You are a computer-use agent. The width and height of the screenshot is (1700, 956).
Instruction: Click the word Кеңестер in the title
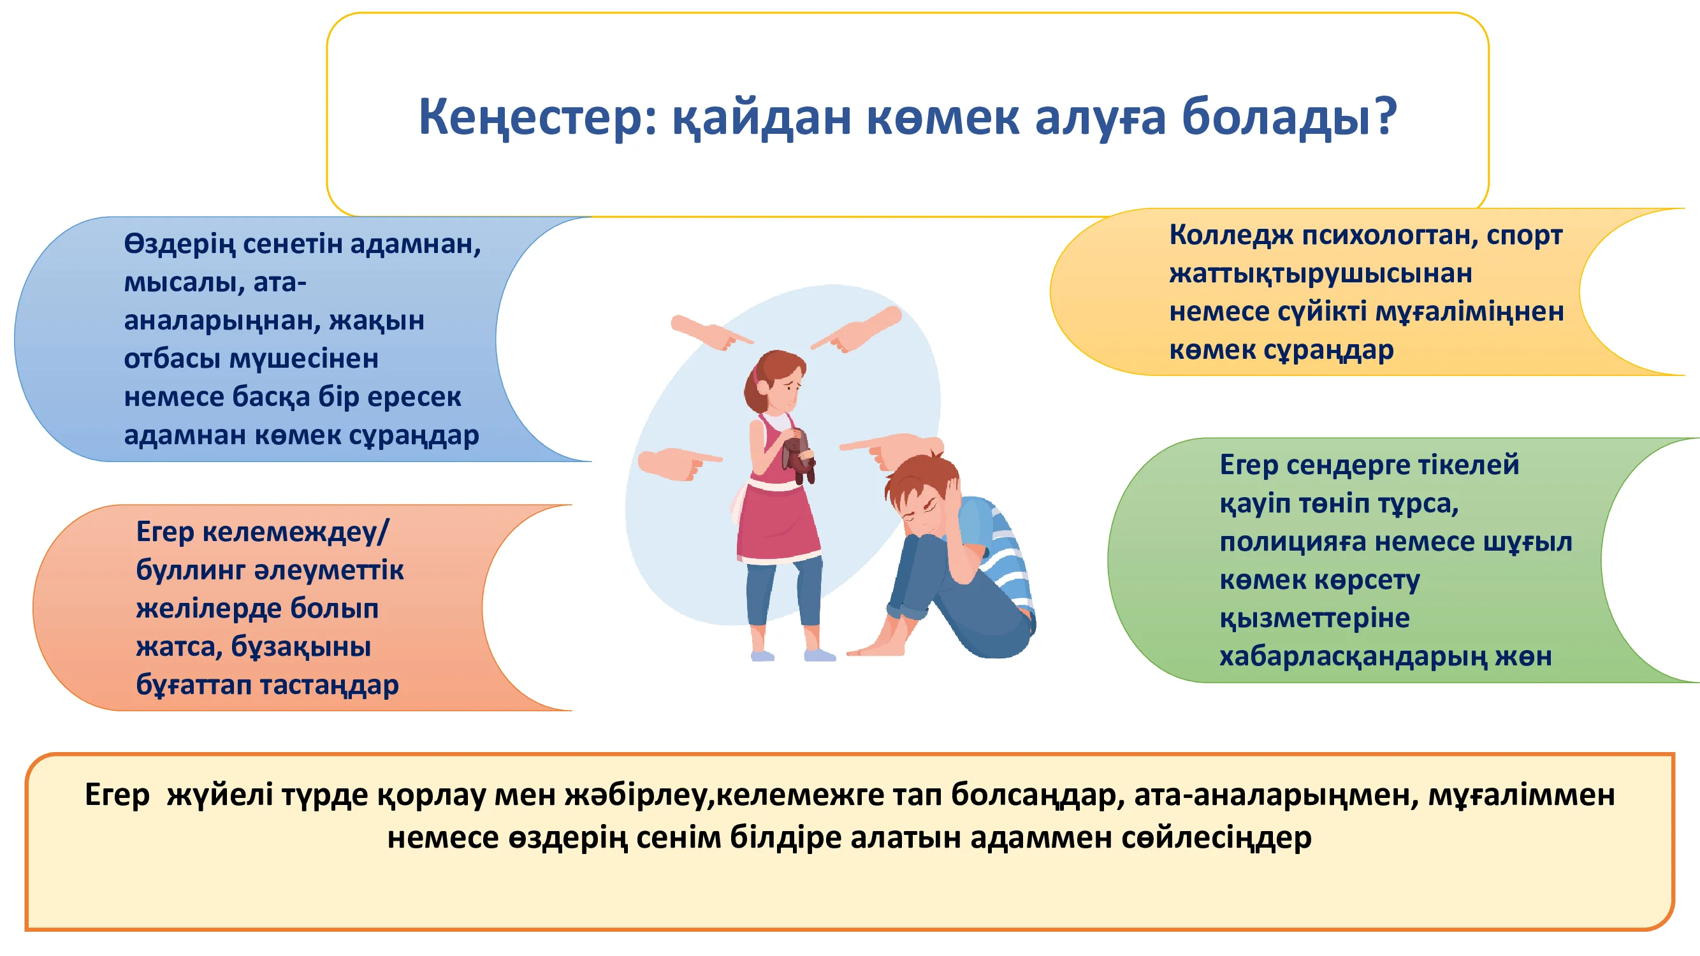coord(537,116)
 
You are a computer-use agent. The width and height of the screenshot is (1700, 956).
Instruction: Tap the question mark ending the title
coord(1384,115)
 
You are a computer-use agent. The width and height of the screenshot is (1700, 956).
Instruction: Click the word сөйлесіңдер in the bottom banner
coord(1216,837)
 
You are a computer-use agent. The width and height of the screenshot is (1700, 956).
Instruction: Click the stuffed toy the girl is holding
coord(800,456)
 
